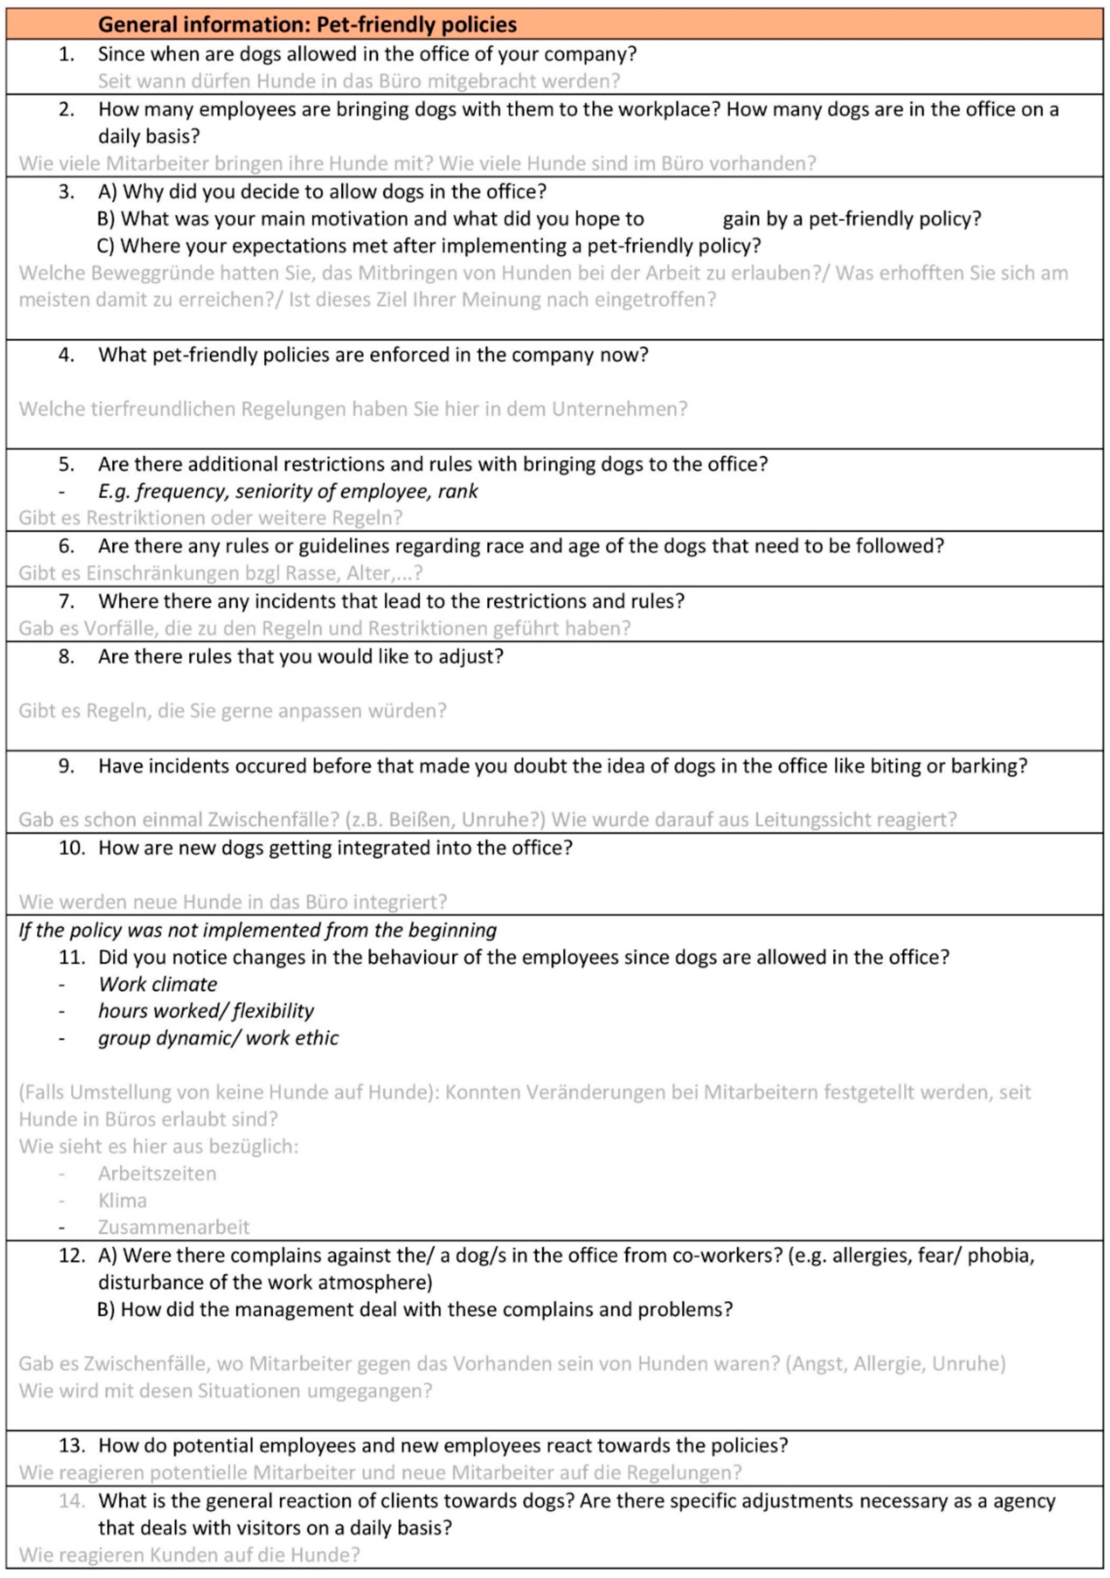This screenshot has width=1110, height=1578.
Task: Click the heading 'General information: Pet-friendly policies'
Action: coord(307,25)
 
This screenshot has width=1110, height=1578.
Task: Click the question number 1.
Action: coord(66,54)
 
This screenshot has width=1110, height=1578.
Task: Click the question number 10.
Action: coord(72,848)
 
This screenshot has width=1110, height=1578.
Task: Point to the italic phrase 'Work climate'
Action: coord(158,984)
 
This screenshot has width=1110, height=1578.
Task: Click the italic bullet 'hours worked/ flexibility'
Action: coord(206,1011)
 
